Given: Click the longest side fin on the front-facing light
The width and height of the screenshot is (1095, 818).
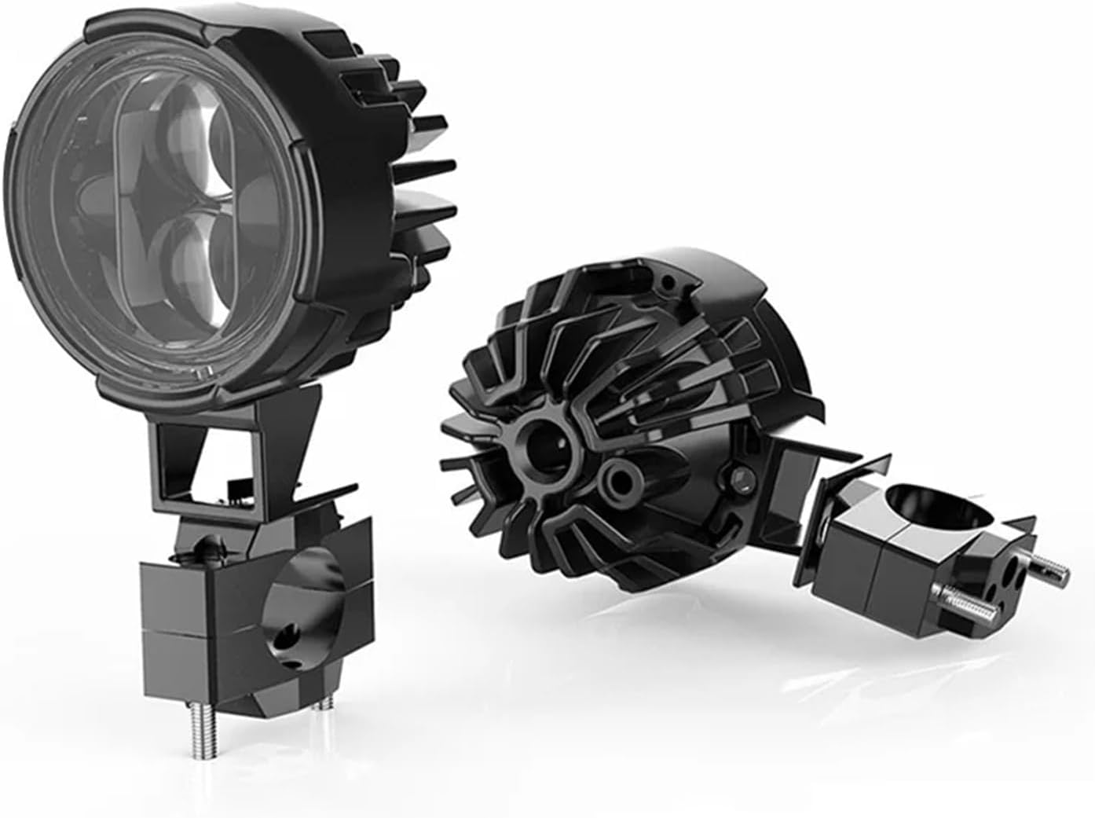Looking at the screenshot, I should point(428,166).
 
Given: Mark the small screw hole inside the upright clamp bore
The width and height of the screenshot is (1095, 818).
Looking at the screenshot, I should point(291,632).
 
